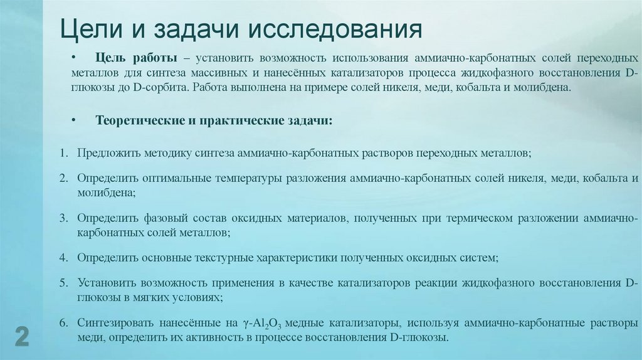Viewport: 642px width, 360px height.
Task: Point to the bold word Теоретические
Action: (x=137, y=120)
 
